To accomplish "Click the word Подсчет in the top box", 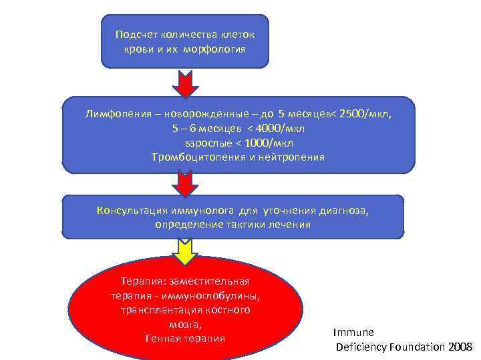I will point(132,35).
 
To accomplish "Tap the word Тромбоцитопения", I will point(194,157).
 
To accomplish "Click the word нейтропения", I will point(295,157).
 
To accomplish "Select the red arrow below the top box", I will point(185,83).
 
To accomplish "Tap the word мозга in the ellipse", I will point(184,324).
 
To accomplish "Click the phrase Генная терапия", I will point(185,339).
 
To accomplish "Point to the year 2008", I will point(460,347).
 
